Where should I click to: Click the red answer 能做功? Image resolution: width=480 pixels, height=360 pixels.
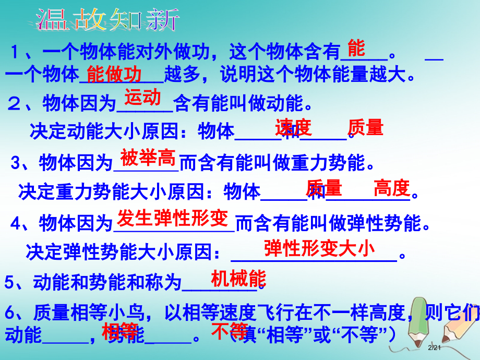114,75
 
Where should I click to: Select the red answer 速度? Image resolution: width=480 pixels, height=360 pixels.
293,127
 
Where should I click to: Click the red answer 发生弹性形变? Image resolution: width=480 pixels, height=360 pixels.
173,218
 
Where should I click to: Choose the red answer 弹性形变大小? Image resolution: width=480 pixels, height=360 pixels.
319,248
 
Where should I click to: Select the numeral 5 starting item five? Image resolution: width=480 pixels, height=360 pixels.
9,283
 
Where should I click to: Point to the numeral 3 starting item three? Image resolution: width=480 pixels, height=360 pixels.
16,164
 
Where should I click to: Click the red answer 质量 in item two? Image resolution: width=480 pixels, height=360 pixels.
365,127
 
